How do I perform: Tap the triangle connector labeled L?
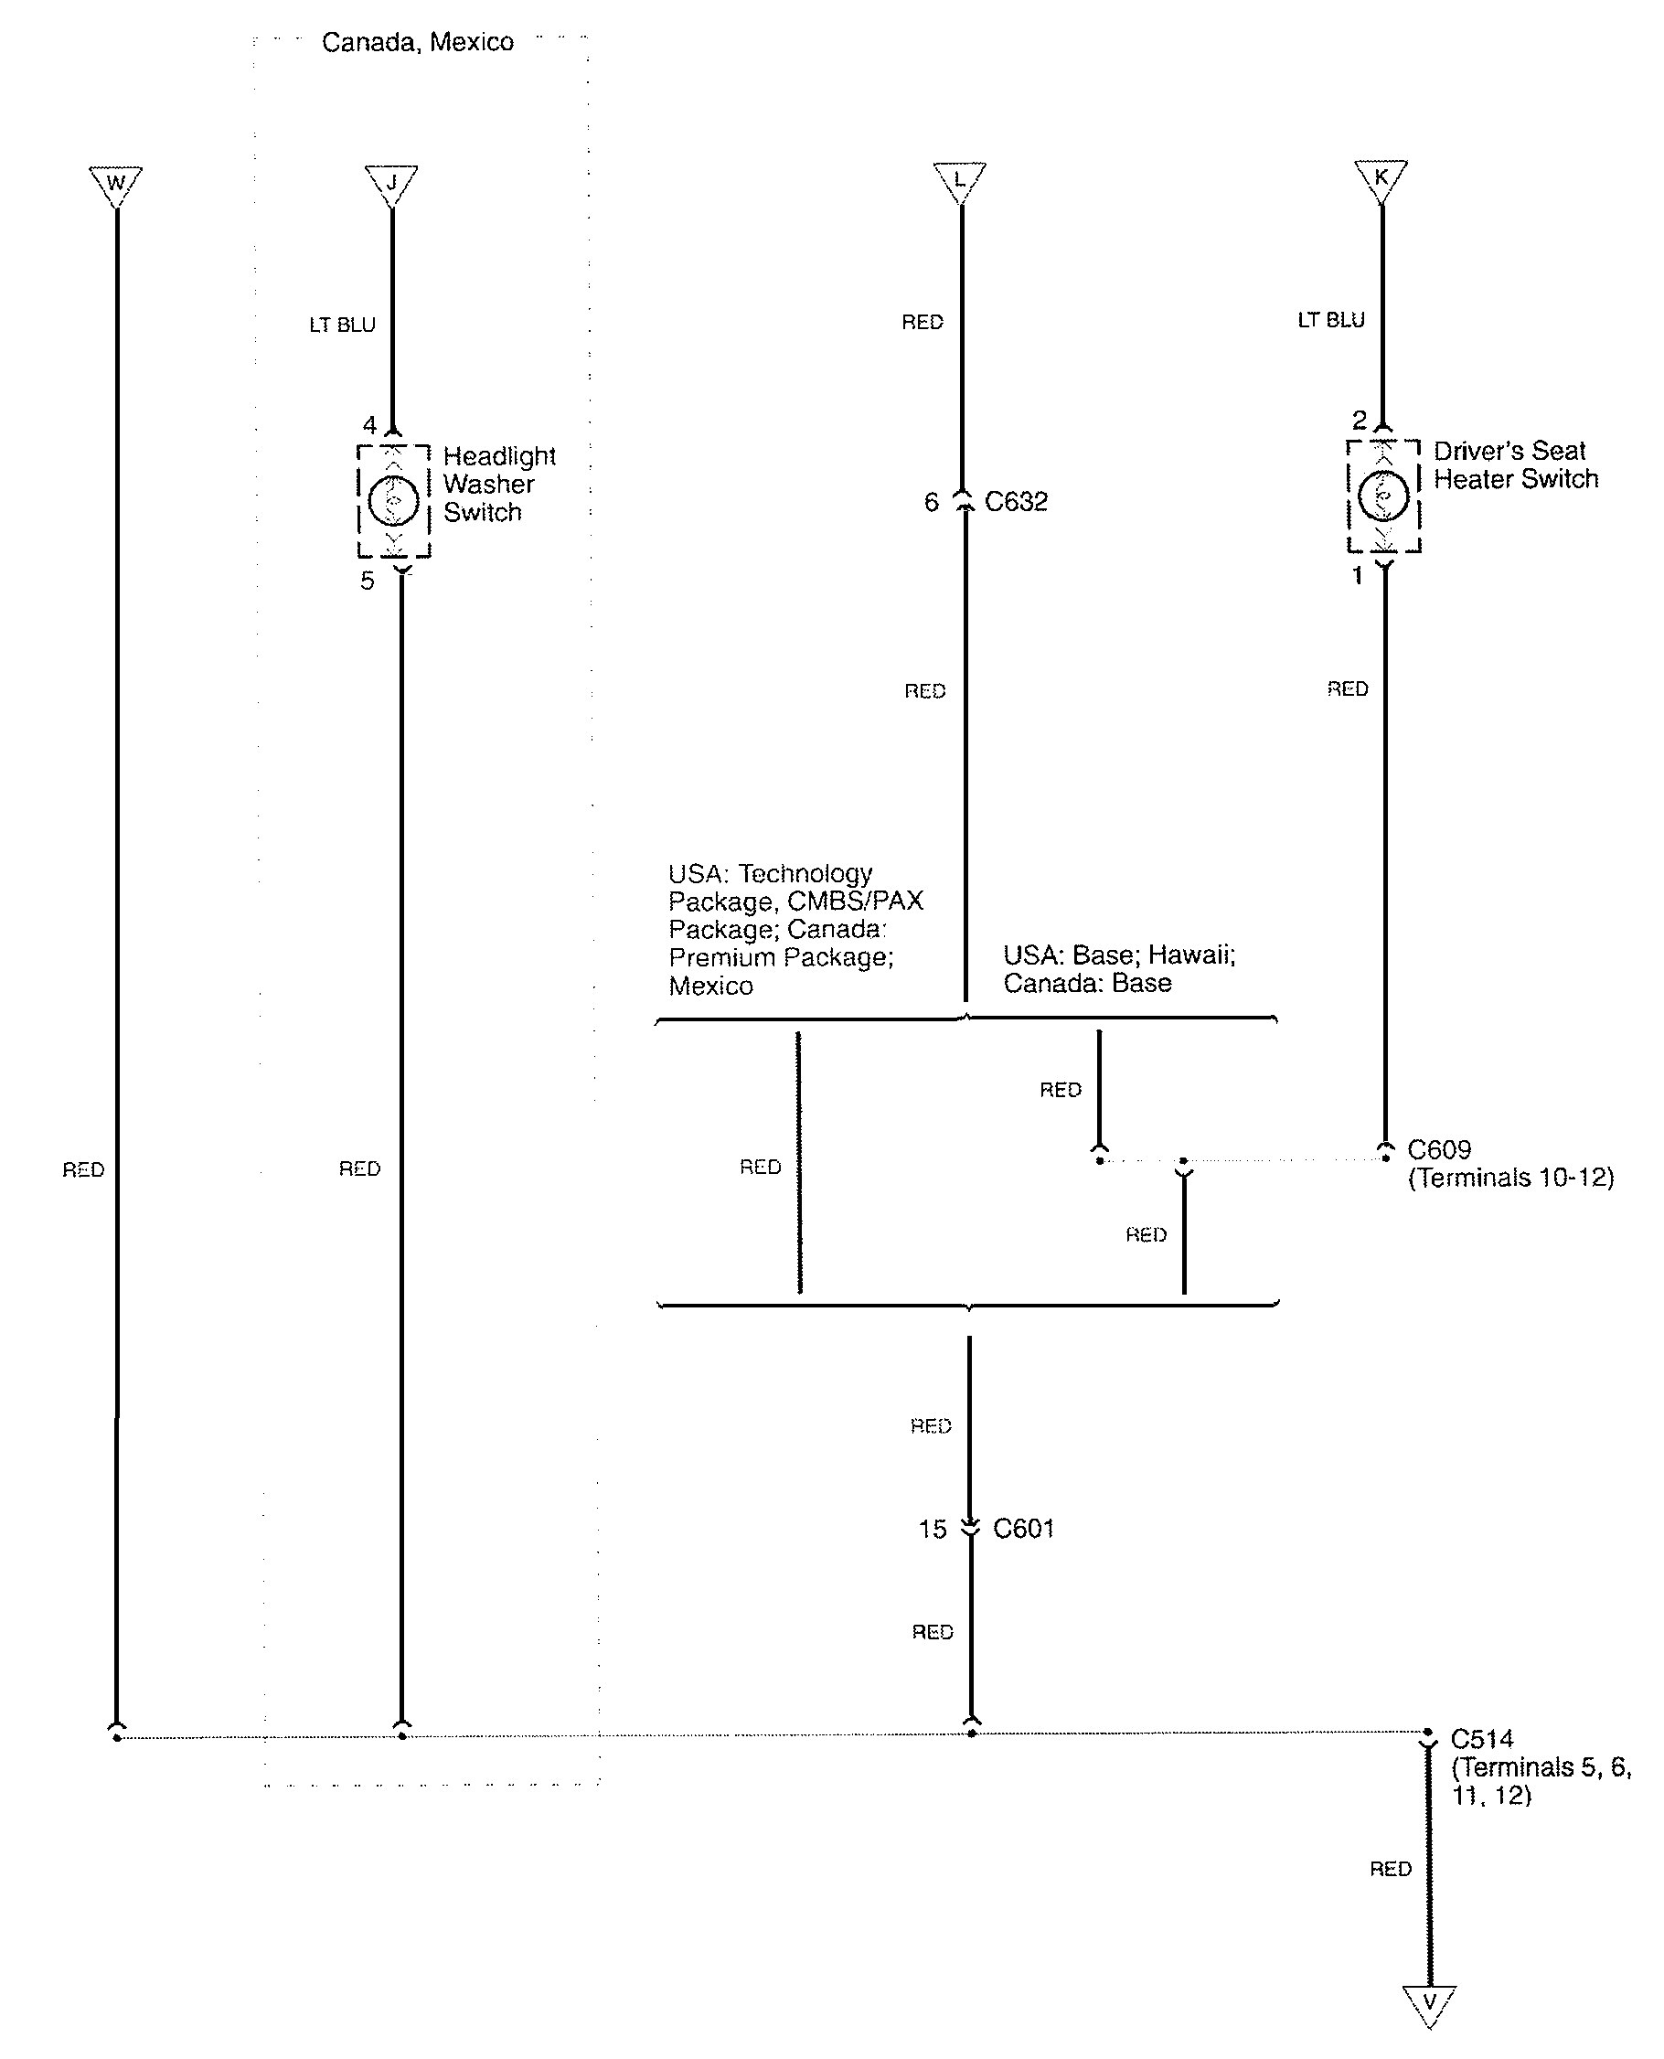click(959, 180)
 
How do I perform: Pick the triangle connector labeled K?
click(1381, 179)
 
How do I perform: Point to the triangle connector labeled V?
click(1429, 2003)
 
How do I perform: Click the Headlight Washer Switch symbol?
click(394, 499)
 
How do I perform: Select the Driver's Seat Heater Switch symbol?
click(1383, 496)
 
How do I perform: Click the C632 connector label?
click(1016, 501)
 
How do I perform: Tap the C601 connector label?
click(1024, 1528)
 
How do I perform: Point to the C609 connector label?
click(1439, 1148)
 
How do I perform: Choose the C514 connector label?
click(1482, 1738)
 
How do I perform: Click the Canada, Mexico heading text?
click(417, 42)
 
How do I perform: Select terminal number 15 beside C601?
click(932, 1529)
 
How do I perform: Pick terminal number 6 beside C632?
click(931, 502)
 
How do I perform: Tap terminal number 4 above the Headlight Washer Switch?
click(369, 424)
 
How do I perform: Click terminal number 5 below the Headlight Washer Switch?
click(368, 581)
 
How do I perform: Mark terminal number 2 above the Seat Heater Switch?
click(1359, 420)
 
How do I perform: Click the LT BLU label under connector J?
click(342, 325)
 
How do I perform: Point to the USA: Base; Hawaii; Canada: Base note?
click(1118, 968)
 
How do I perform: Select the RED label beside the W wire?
click(83, 1169)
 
